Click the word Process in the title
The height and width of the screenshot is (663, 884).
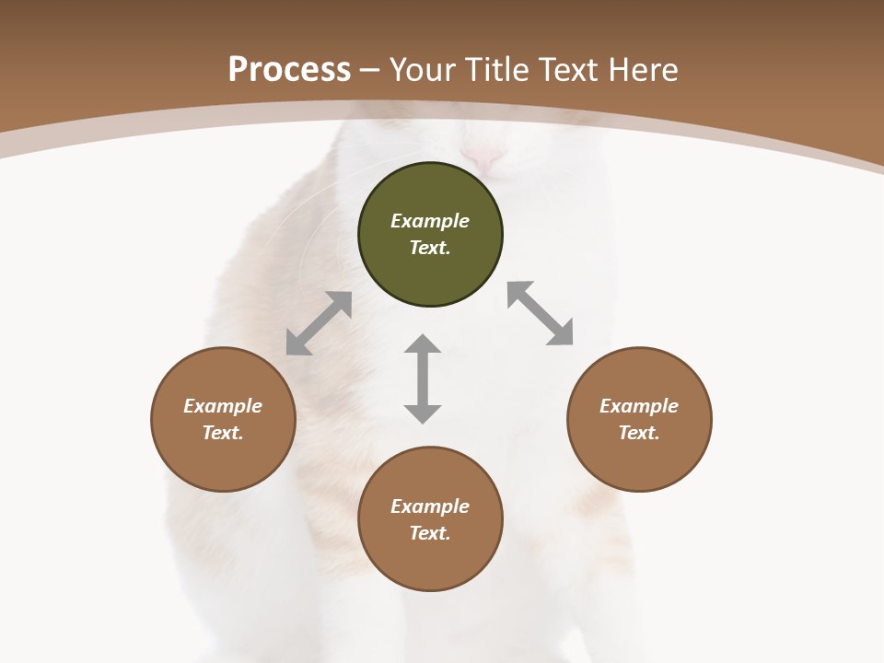pos(289,70)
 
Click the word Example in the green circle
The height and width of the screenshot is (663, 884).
pos(430,221)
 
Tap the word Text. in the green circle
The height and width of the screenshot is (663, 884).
pos(430,248)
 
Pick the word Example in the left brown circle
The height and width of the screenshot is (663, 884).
pos(223,406)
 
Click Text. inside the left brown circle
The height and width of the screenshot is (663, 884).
pos(223,433)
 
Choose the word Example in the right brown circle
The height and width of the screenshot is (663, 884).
pos(639,406)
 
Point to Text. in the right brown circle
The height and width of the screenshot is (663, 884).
pos(639,433)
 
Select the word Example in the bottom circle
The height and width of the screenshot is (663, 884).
pos(430,506)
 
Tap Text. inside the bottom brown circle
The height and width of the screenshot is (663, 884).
pos(430,533)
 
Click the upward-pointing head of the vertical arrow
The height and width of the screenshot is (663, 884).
pos(423,344)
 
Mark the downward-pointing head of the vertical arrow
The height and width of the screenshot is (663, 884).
pos(423,413)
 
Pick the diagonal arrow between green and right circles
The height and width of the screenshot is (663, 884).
pos(541,313)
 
